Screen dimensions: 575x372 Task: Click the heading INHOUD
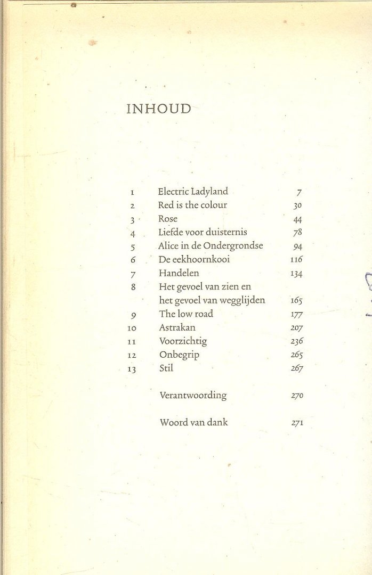tap(158, 109)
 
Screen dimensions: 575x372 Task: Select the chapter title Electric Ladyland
tap(193, 191)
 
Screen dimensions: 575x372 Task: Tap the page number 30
tap(297, 205)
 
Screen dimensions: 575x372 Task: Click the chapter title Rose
tap(168, 219)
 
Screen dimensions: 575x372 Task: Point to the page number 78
tap(297, 232)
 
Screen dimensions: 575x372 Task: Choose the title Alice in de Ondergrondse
tap(211, 245)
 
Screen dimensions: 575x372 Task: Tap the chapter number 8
tap(133, 287)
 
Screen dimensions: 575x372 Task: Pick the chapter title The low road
tap(185, 314)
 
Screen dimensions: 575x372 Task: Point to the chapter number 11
tap(133, 341)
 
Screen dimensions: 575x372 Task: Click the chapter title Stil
tap(166, 368)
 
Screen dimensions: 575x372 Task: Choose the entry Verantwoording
tap(193, 396)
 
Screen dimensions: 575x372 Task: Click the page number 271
tap(297, 423)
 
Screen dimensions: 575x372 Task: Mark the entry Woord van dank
tap(194, 423)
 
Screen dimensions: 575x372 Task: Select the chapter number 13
tap(133, 369)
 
